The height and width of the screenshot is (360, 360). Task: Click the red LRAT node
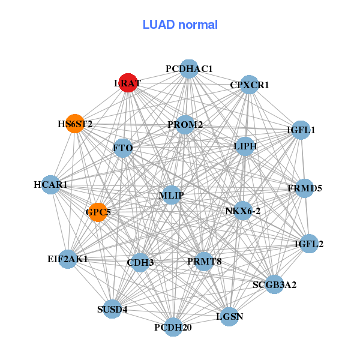point(128,83)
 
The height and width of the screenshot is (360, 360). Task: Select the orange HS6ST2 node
point(74,124)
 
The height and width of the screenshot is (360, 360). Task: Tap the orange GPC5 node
point(98,212)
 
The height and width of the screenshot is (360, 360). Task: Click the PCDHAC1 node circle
point(189,69)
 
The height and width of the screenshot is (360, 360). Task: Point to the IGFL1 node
point(300,130)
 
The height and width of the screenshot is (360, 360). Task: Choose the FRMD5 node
point(305,188)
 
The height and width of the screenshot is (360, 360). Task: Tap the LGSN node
point(229,316)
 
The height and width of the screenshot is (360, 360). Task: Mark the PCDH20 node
point(173,327)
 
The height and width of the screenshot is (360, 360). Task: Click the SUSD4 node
point(112,310)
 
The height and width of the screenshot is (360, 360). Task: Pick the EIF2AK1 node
point(68,259)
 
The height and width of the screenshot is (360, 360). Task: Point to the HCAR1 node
point(51,185)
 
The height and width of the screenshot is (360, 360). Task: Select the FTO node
point(123,148)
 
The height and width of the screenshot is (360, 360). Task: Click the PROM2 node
point(185,125)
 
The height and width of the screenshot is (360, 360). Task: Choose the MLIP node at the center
point(172,195)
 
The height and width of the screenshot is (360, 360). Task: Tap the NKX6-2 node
point(243,211)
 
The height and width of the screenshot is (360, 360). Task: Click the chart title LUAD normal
point(180,25)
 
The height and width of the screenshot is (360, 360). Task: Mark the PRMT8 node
point(204,261)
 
